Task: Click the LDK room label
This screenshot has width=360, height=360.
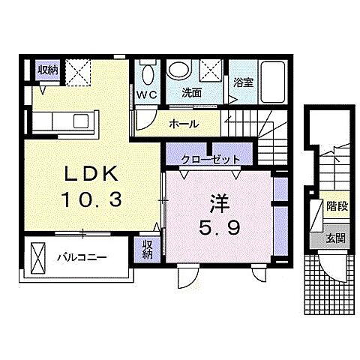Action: pos(91,173)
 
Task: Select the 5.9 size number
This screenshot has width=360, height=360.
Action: pos(220,227)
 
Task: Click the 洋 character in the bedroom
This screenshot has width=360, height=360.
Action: pos(220,203)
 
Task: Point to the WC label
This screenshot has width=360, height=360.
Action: pos(147,94)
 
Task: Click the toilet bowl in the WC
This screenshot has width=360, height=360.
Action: pos(148,73)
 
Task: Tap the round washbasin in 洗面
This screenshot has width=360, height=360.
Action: pos(178,69)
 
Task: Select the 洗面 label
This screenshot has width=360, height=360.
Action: pos(192,93)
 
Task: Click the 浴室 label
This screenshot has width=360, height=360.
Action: pos(243,82)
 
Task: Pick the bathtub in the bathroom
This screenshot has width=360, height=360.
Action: pos(273,82)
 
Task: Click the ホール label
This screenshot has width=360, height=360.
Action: pos(184,124)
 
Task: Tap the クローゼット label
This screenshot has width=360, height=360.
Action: pos(211,159)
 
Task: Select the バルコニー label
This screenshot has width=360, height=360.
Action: pos(82,257)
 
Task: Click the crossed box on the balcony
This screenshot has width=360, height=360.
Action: pos(38,258)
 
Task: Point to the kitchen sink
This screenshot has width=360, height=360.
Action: pos(81,121)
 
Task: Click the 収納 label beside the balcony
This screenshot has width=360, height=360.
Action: pos(147,249)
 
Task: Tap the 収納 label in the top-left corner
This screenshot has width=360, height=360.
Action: pos(48,70)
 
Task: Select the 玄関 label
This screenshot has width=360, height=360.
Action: pos(335,238)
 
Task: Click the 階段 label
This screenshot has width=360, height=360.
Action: pos(337,206)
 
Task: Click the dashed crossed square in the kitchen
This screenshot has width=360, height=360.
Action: pos(77,72)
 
